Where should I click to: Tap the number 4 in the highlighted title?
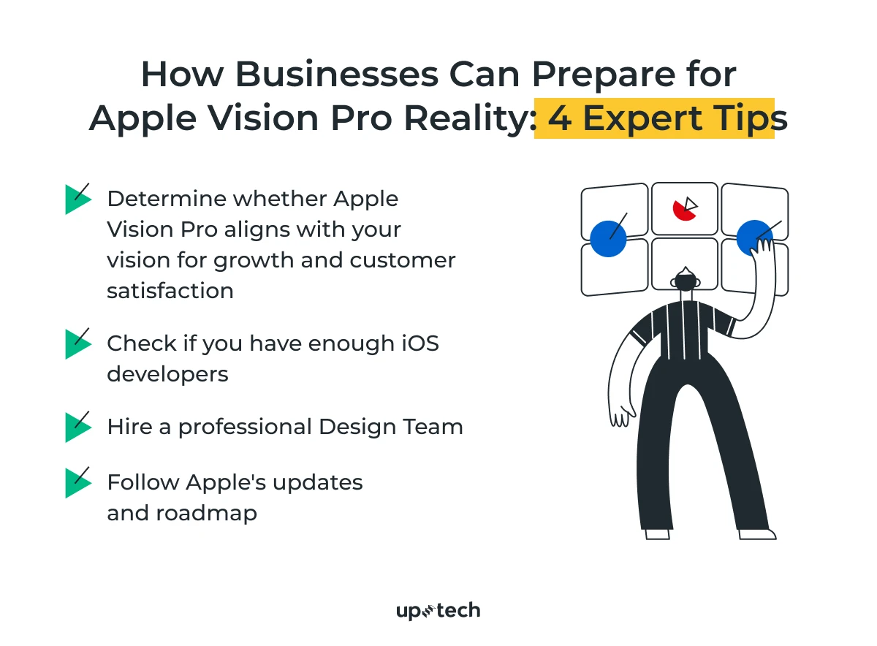[560, 119]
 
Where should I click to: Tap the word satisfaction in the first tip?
[170, 291]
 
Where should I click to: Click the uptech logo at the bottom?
[438, 611]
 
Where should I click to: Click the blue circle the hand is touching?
[753, 237]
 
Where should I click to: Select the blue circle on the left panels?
[608, 238]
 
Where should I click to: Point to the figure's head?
[685, 280]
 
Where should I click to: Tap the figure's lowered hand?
[620, 414]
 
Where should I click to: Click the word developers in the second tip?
[167, 374]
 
